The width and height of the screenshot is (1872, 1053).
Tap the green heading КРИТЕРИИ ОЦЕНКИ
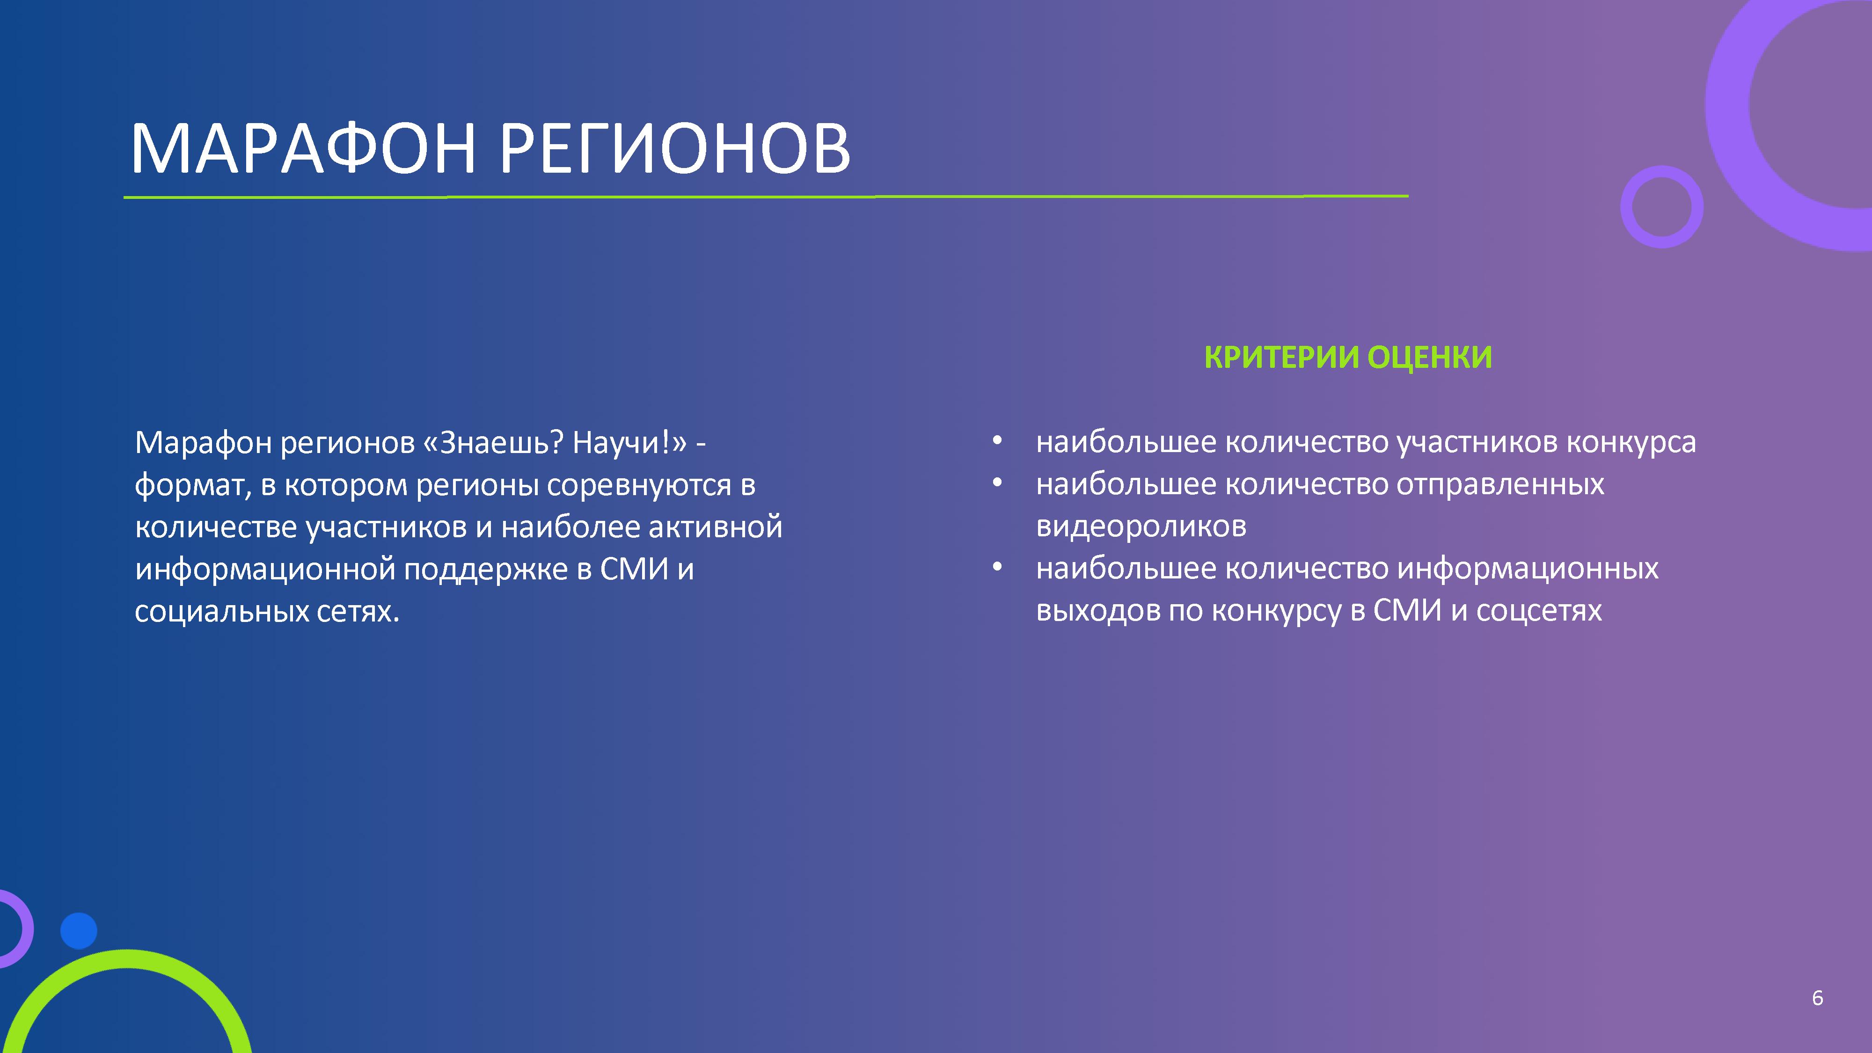[1348, 357]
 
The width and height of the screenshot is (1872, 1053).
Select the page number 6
[1818, 998]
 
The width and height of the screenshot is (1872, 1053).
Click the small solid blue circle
[79, 931]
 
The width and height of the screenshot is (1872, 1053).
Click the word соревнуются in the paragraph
[639, 485]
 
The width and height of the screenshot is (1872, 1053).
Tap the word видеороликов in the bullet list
[1141, 526]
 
